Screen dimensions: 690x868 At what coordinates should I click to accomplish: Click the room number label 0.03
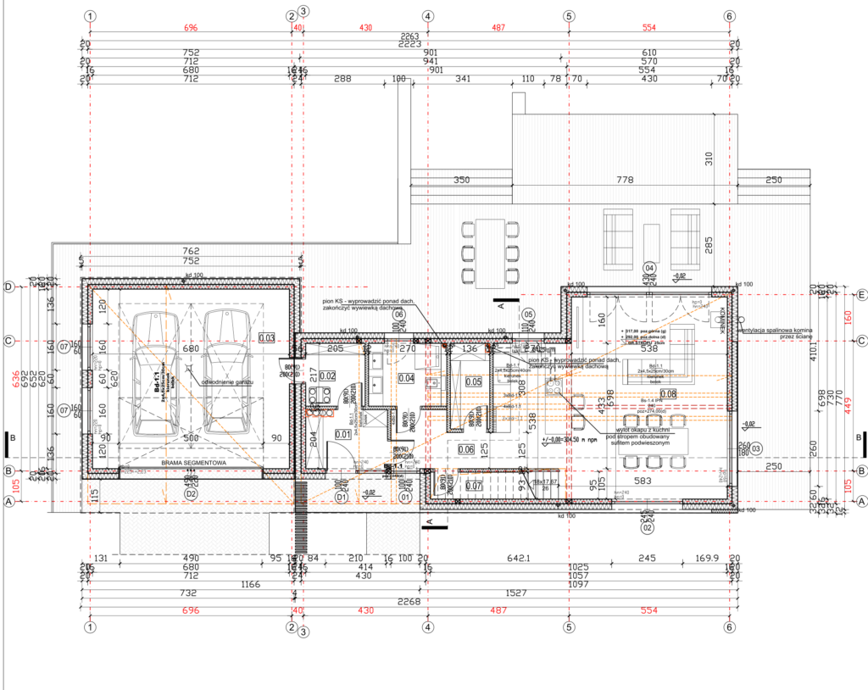267,337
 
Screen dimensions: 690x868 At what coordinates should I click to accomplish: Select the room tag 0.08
669,393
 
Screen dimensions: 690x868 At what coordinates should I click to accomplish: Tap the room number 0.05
472,381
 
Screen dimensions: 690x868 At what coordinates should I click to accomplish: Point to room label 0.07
473,486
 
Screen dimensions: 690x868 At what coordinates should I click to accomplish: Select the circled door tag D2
191,493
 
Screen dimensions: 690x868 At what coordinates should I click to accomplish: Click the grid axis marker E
861,295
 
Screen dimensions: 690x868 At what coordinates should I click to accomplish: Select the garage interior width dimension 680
191,348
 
